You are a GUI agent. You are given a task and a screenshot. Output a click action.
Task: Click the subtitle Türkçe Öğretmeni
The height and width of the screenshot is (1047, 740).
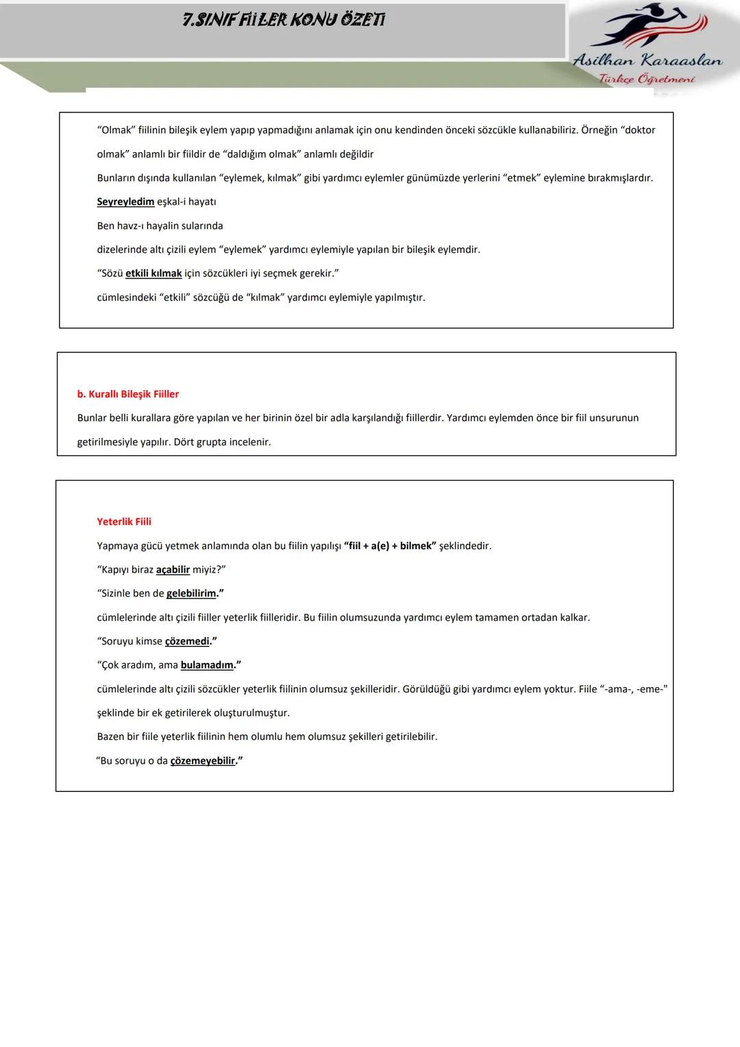tap(647, 79)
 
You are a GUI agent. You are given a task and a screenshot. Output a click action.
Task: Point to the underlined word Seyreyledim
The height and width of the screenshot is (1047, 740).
tap(125, 202)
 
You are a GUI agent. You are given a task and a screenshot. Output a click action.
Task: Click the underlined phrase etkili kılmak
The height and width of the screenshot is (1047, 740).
tap(153, 274)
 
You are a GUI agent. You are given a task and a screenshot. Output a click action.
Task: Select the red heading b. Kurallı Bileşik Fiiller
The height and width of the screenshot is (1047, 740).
tap(128, 394)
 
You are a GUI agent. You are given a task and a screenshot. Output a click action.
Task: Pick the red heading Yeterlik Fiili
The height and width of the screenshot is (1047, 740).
tap(124, 522)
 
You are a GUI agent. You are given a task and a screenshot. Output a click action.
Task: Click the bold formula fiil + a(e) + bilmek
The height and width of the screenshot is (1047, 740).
tap(390, 546)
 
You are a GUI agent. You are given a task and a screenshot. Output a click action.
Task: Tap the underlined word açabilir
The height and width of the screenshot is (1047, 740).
tap(173, 570)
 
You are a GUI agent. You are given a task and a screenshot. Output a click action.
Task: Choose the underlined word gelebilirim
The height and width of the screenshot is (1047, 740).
tap(191, 594)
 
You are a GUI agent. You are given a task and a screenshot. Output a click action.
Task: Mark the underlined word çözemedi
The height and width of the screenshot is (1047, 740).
tap(187, 642)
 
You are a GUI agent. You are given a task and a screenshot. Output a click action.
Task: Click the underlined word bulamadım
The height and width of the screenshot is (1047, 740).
tap(207, 665)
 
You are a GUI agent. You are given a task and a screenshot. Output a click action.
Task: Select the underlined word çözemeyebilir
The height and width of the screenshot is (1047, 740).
tap(203, 761)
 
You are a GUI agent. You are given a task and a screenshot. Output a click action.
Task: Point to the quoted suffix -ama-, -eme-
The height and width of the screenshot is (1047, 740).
tap(633, 689)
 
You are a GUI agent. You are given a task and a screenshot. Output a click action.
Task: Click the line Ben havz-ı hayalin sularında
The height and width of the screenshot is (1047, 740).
tap(160, 226)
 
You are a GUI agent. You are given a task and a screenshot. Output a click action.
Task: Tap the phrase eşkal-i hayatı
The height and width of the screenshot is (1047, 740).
tap(186, 202)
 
